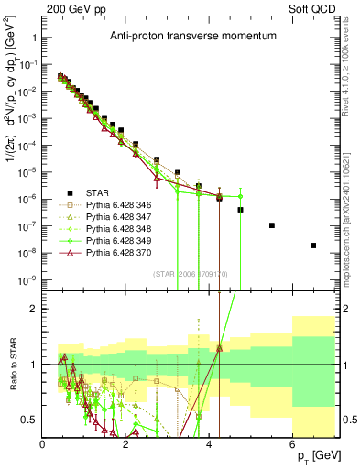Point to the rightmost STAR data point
[x=313, y=245]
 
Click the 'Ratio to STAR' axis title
[x=11, y=366]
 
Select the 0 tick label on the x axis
[x=43, y=444]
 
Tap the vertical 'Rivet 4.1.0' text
[x=353, y=69]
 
